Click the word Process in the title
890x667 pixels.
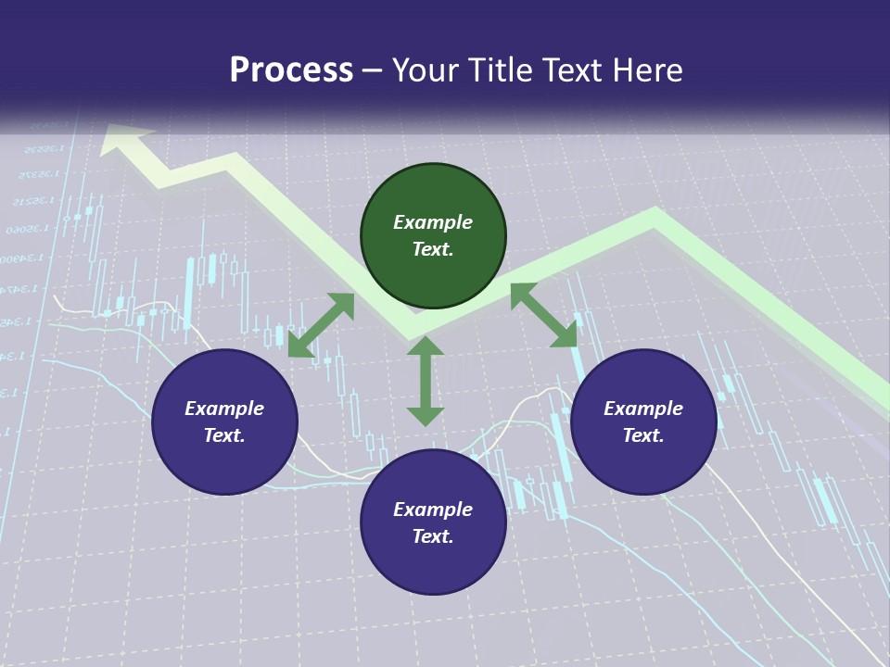[291, 70]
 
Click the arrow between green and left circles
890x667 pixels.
[321, 325]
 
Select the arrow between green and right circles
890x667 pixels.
[544, 315]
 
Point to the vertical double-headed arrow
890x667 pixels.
[426, 381]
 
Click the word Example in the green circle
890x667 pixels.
[433, 222]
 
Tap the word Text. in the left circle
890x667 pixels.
[224, 435]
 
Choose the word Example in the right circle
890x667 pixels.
[643, 409]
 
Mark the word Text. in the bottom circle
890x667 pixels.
[433, 536]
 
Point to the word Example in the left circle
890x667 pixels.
[224, 409]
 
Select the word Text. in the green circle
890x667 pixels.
[433, 249]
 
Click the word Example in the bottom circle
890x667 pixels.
[433, 510]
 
